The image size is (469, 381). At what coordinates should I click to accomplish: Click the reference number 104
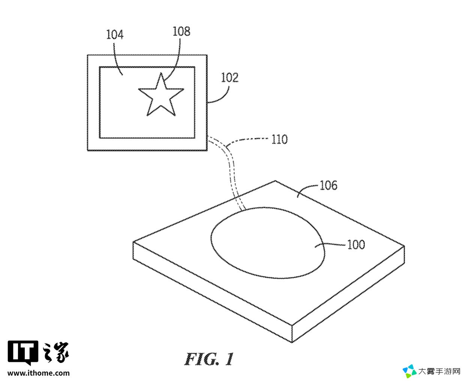click(x=115, y=34)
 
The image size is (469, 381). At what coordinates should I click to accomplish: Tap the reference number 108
click(x=181, y=31)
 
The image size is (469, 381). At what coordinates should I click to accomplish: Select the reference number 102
click(x=230, y=78)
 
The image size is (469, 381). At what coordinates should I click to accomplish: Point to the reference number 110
click(x=279, y=139)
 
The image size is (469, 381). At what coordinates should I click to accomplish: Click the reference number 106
click(x=328, y=185)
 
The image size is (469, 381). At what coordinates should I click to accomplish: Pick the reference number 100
click(x=356, y=244)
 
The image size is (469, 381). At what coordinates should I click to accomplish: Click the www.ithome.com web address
click(x=39, y=373)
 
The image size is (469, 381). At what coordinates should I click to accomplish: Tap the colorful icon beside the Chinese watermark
click(x=409, y=371)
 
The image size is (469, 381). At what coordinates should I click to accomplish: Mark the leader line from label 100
click(x=330, y=244)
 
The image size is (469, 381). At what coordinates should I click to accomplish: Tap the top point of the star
click(x=161, y=73)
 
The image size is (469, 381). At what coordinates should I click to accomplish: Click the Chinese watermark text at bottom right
click(x=439, y=372)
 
